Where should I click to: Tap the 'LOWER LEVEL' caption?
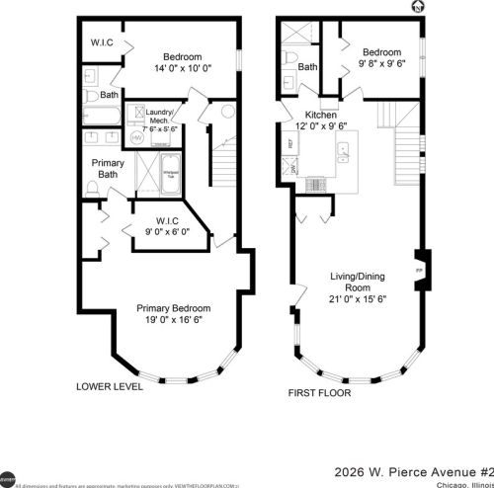110,387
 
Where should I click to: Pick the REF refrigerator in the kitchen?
289,143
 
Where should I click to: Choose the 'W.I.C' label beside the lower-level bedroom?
102,42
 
